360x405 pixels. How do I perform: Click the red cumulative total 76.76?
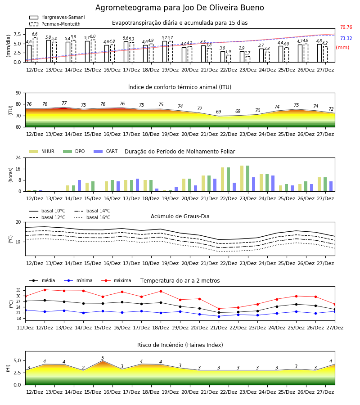pyautogui.click(x=346, y=27)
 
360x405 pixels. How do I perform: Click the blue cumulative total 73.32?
pyautogui.click(x=346, y=39)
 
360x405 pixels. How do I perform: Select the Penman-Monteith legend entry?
pyautogui.click(x=55, y=24)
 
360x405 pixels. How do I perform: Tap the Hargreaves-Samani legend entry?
pyautogui.click(x=57, y=17)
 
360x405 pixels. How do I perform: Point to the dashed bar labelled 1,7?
pyautogui.click(x=248, y=59)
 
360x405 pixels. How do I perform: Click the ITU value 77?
pyautogui.click(x=64, y=103)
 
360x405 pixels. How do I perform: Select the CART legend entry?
pyautogui.click(x=105, y=151)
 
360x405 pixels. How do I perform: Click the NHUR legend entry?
pyautogui.click(x=42, y=151)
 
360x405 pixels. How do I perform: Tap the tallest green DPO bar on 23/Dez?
pyautogui.click(x=247, y=179)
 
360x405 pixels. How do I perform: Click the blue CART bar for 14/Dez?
pyautogui.click(x=79, y=186)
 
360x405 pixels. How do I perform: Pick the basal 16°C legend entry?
pyautogui.click(x=92, y=217)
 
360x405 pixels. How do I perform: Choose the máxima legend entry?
pyautogui.click(x=116, y=280)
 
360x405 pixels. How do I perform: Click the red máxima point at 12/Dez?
pyautogui.click(x=45, y=290)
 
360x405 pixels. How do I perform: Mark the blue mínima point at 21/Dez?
pyautogui.click(x=219, y=316)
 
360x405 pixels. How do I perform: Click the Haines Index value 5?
pyautogui.click(x=103, y=358)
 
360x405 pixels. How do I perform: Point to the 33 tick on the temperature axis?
pyautogui.click(x=18, y=290)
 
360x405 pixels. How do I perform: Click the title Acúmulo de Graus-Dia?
pyautogui.click(x=180, y=216)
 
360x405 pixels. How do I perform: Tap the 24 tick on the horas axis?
pyautogui.click(x=18, y=157)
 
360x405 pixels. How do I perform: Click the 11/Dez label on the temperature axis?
pyautogui.click(x=25, y=328)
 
